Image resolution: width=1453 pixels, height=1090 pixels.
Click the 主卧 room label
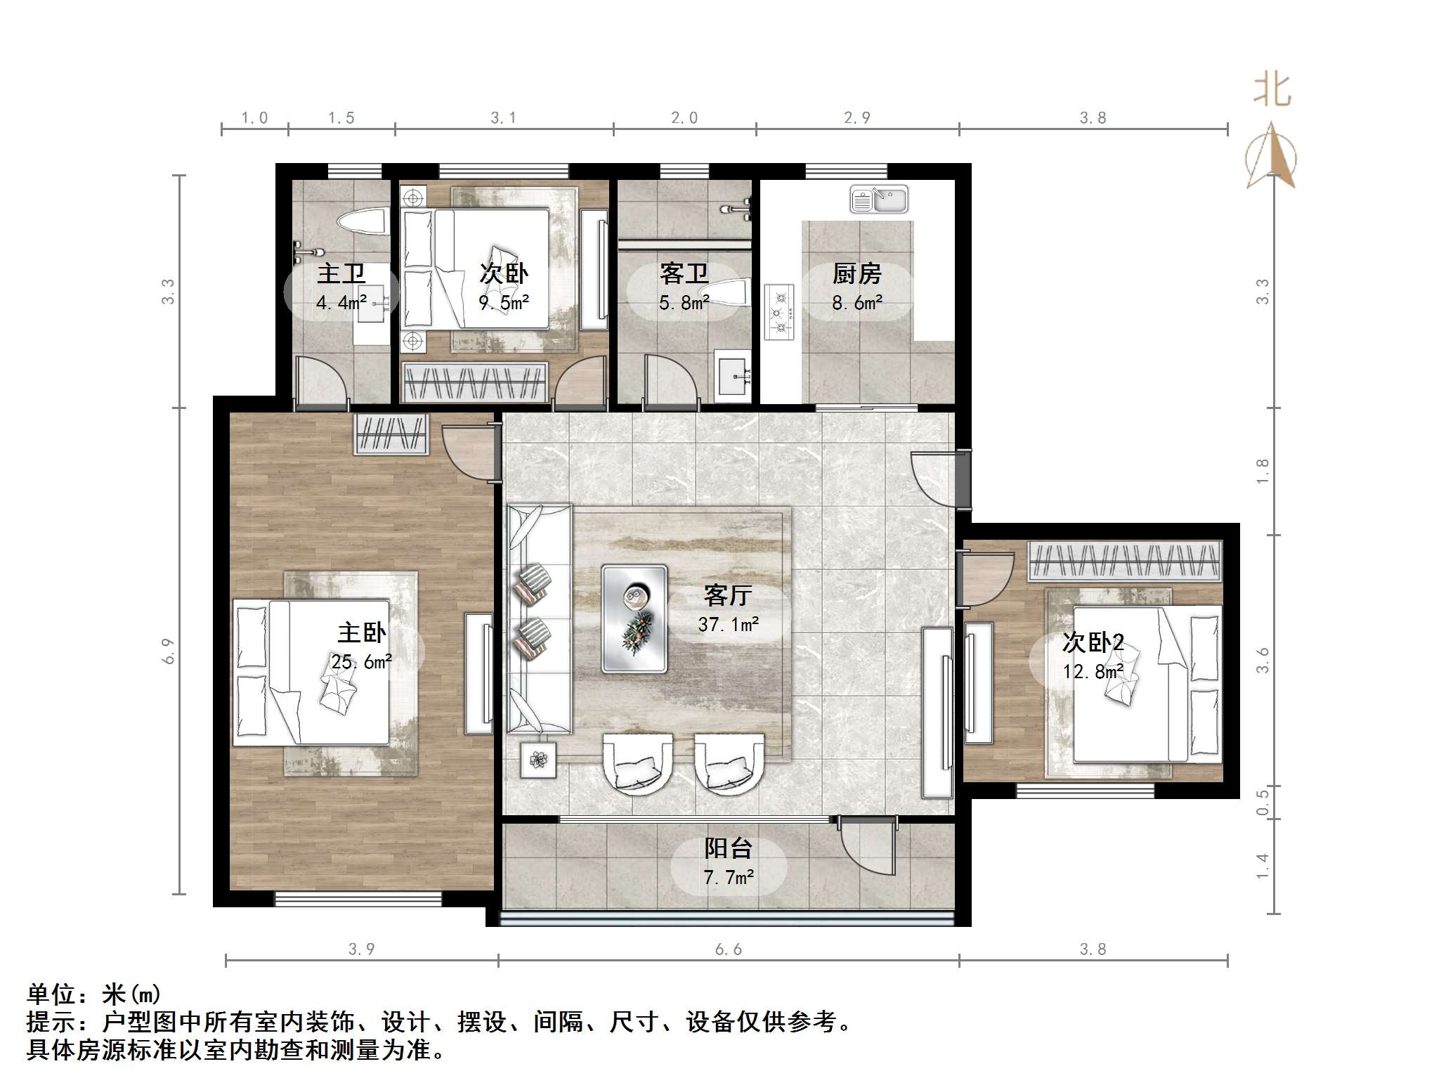coord(362,632)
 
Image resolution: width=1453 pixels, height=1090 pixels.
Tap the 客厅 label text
coord(728,595)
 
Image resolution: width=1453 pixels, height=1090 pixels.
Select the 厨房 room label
coord(856,273)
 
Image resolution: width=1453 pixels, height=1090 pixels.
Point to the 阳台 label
coord(728,848)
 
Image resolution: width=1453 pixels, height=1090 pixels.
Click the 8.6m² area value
coord(857,303)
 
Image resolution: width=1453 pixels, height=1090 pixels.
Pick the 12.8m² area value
coord(1093,672)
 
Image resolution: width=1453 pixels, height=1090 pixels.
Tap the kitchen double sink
coord(879,199)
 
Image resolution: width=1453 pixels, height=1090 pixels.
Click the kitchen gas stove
coord(779,312)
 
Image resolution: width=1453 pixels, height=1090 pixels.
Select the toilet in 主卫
coord(363,222)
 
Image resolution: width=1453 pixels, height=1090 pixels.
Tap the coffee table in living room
coord(634,618)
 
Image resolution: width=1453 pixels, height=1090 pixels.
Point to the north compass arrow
coord(1271,156)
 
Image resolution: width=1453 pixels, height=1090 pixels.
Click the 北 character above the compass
coord(1272,91)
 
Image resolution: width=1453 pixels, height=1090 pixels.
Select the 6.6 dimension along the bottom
coord(729,949)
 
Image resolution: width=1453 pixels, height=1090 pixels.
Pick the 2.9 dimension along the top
coord(857,118)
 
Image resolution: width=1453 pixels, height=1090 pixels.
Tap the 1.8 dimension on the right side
coord(1263,471)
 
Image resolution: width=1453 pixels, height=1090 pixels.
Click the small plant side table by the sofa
coord(538,760)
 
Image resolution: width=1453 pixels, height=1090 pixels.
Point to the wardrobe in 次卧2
coord(1126,561)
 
